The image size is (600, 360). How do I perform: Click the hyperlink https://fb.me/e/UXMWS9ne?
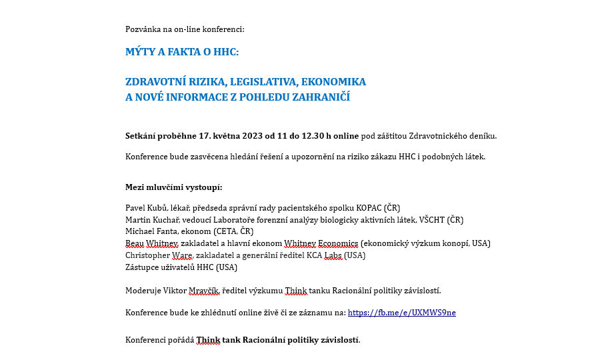pyautogui.click(x=401, y=312)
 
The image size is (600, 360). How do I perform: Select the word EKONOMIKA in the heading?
pyautogui.click(x=333, y=82)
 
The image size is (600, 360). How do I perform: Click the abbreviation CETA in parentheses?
pyautogui.click(x=227, y=231)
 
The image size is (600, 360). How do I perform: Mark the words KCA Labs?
pyautogui.click(x=325, y=255)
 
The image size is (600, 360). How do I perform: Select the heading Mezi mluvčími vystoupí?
pyautogui.click(x=174, y=187)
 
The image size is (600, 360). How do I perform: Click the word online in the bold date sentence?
pyautogui.click(x=346, y=136)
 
